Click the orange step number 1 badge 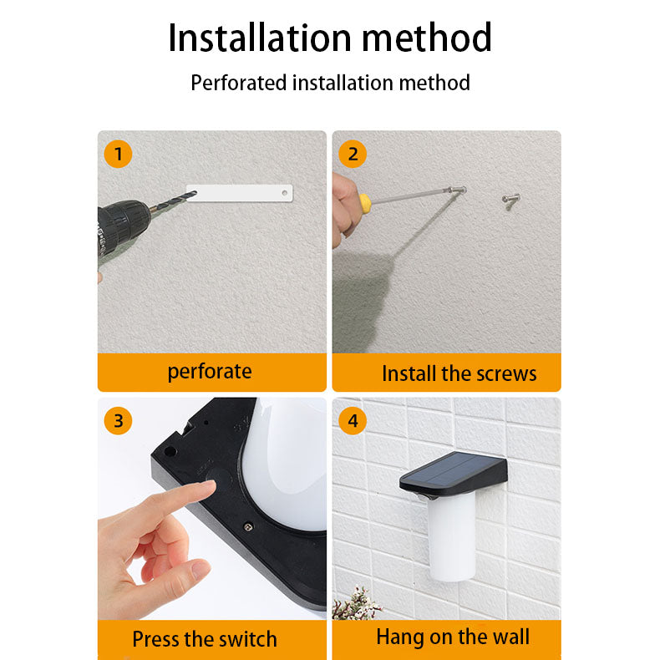119,154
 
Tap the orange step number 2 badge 353,154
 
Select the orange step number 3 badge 119,420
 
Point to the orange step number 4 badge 353,420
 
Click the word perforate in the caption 210,372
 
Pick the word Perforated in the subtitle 239,83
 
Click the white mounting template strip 240,193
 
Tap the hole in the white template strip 285,193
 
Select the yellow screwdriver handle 364,202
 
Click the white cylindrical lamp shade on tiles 452,536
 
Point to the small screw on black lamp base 249,526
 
